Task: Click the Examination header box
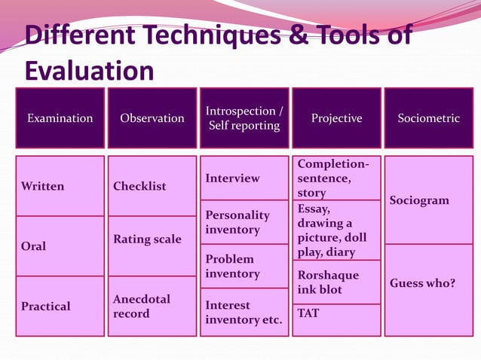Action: pos(60,118)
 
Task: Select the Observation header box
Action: pos(152,118)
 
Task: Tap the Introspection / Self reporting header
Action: pos(244,118)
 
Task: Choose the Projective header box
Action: pos(336,118)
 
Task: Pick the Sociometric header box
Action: pos(428,118)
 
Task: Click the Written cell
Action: pos(60,186)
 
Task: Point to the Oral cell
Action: pos(60,246)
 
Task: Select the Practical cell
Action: pos(60,306)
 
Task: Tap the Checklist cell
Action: pos(152,186)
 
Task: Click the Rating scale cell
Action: pos(152,239)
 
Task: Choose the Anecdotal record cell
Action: pos(152,306)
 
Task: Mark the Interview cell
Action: pos(244,178)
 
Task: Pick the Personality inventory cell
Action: pos(244,222)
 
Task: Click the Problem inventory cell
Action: pos(244,266)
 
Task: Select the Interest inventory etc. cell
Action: pos(244,313)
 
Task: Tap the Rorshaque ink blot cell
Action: pos(336,282)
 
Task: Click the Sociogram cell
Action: pos(428,200)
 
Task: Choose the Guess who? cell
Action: pos(428,290)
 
